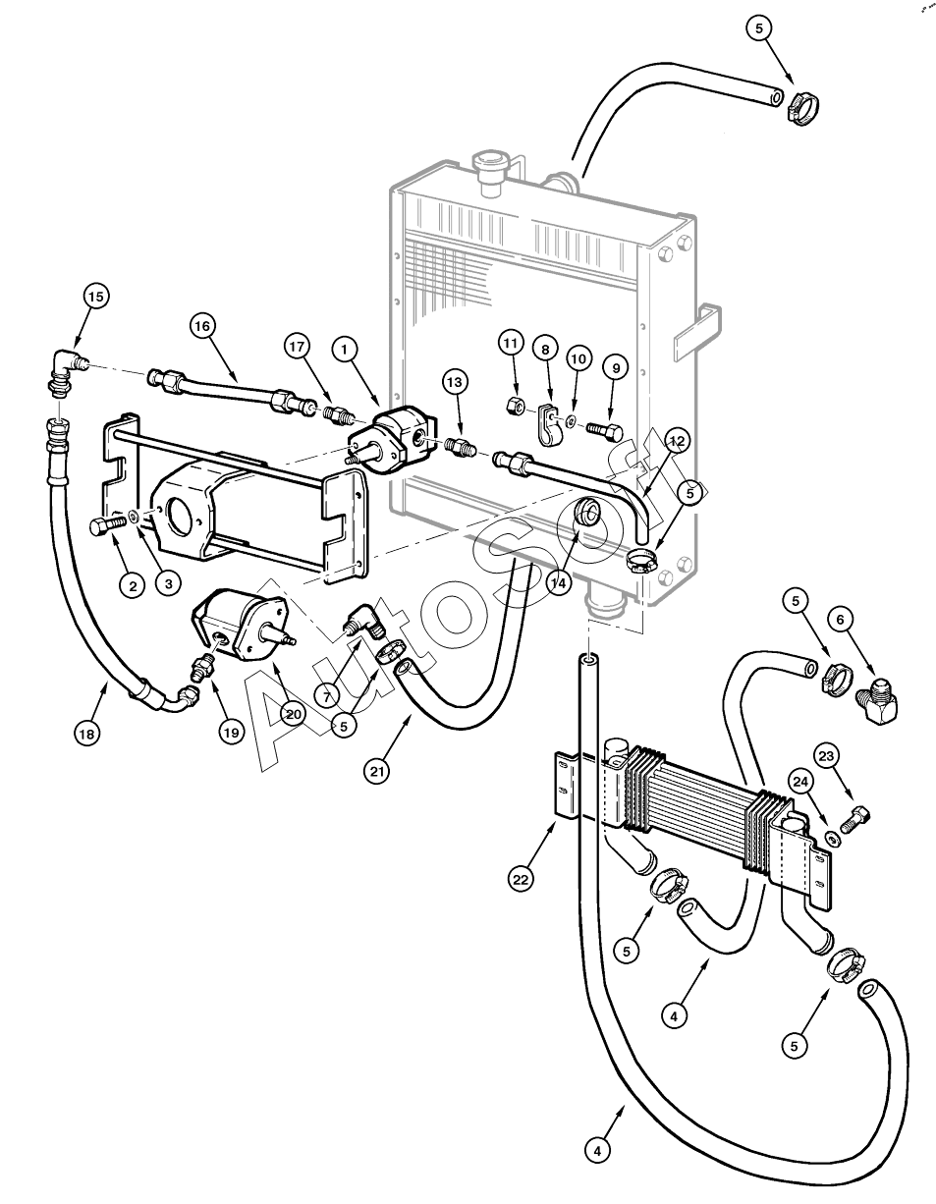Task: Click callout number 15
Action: (95, 297)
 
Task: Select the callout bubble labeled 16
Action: (203, 326)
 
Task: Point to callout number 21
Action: (377, 772)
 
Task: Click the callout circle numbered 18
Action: (87, 734)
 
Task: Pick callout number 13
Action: (455, 382)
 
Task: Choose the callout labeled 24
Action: (799, 783)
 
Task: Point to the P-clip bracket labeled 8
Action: (551, 425)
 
